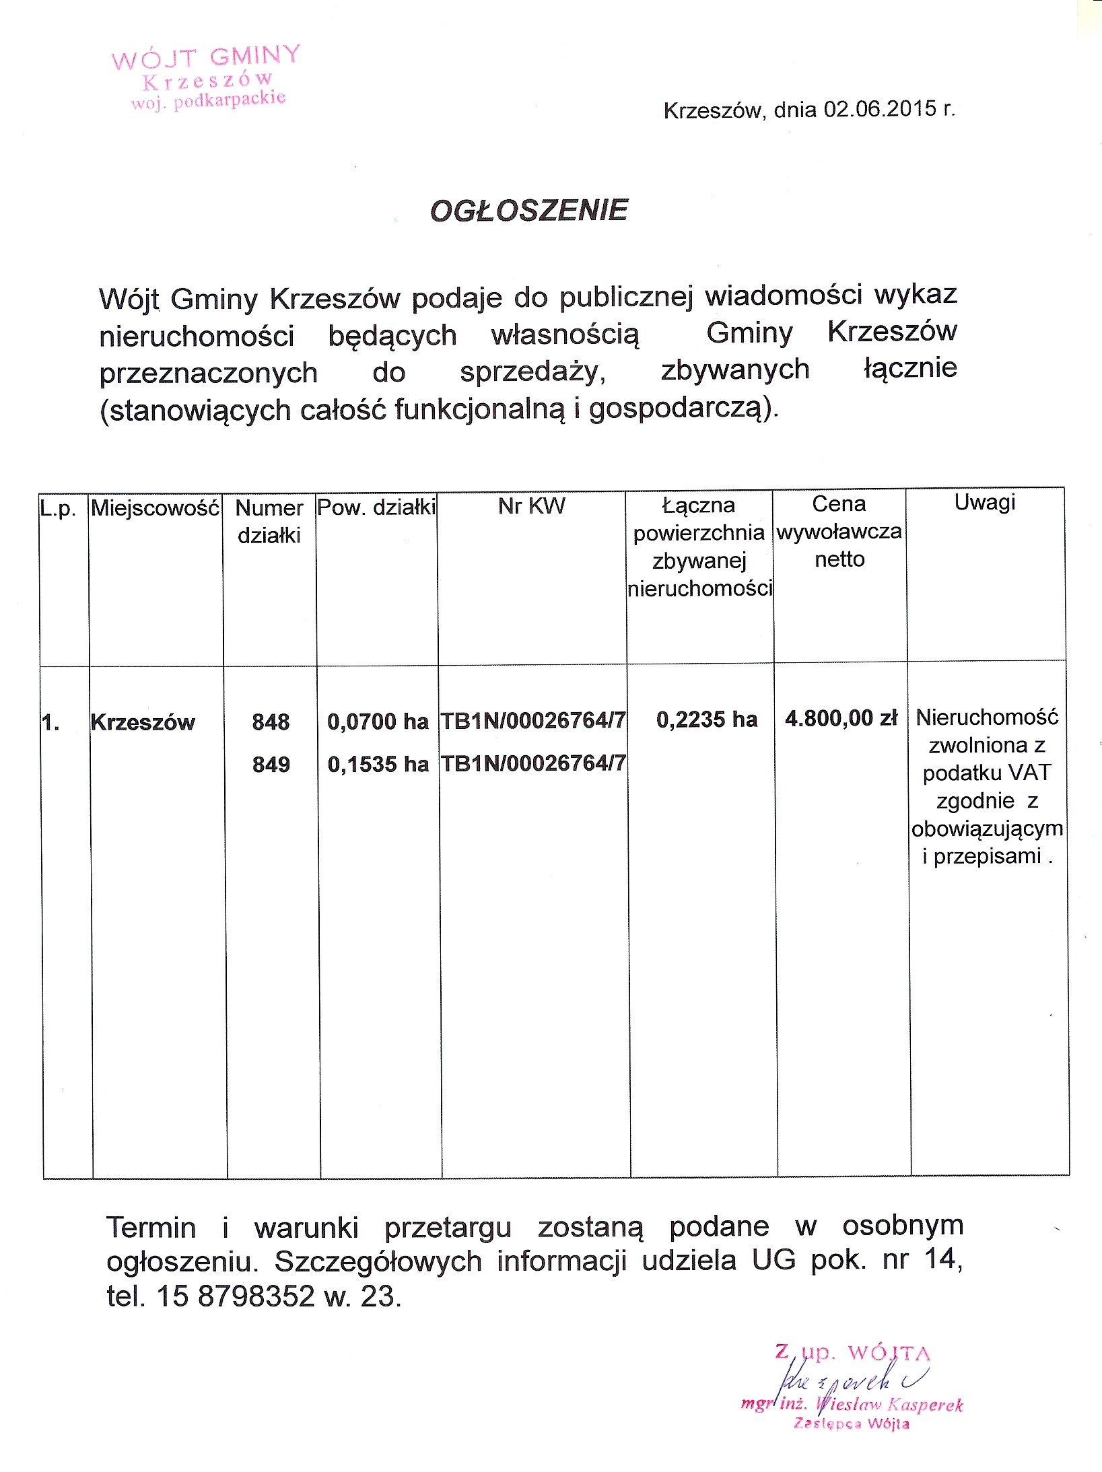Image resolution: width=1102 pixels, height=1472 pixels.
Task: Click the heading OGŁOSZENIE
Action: [x=528, y=211]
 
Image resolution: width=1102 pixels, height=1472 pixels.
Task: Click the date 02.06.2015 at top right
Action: [x=880, y=109]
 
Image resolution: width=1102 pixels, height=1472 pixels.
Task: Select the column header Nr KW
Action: [x=531, y=506]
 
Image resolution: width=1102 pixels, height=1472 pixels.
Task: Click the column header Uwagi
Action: [x=984, y=502]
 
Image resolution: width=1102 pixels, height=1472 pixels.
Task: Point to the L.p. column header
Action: [x=58, y=508]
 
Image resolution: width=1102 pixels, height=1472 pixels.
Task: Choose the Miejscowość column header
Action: [x=156, y=507]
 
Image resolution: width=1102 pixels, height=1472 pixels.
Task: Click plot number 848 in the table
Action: [x=271, y=722]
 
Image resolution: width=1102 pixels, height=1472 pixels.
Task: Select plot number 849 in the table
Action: [x=271, y=765]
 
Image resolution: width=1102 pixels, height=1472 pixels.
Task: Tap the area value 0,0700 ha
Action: [x=378, y=722]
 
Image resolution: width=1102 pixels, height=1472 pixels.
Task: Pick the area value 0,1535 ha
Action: [x=378, y=765]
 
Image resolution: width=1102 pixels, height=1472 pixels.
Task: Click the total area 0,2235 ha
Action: [x=706, y=720]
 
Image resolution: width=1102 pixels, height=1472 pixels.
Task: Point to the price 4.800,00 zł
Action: [x=841, y=718]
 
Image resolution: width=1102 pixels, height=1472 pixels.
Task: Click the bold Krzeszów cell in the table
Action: [x=143, y=722]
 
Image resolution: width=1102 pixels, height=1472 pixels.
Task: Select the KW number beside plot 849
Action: [x=533, y=763]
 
